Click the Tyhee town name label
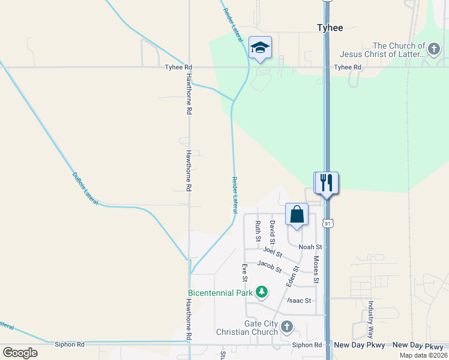330,28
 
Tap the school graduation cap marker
260,47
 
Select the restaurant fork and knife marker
327,182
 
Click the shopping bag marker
297,214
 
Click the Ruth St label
258,231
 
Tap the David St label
273,231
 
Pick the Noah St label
311,247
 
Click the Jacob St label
270,266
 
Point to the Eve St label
245,272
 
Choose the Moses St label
316,270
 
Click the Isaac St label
300,301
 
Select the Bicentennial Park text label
219,293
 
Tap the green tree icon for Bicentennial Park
261,292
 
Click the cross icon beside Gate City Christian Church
287,326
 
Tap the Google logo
20,353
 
